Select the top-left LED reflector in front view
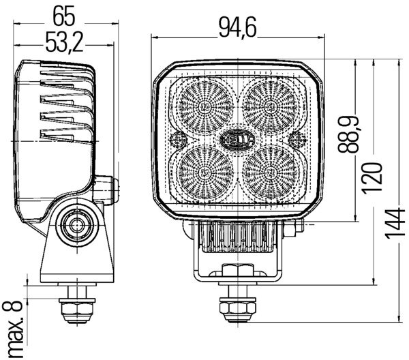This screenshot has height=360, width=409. click(x=205, y=106)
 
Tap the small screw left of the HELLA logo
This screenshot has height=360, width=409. click(x=177, y=139)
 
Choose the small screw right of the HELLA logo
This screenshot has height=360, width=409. click(x=297, y=139)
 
